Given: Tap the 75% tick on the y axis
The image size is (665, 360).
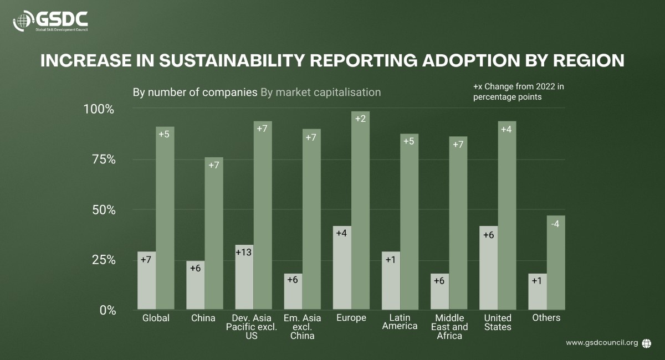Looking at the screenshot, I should click(104, 160).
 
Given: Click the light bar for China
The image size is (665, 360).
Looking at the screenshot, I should click(195, 285).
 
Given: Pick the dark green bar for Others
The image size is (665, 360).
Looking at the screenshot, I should click(556, 263).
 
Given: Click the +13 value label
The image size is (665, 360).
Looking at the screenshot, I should click(244, 253).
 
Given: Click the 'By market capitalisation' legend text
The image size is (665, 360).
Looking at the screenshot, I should click(320, 92).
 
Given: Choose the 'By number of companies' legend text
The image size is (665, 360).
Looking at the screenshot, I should click(195, 92).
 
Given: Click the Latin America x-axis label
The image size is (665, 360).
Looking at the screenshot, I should click(400, 322).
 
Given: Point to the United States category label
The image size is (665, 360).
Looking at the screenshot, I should click(498, 322).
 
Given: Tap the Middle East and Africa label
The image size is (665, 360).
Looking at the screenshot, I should click(449, 327).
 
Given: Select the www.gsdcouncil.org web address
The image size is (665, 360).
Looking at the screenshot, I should click(602, 343).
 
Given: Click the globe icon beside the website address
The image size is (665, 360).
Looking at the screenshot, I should click(646, 343).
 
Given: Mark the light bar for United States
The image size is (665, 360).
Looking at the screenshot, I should click(488, 268).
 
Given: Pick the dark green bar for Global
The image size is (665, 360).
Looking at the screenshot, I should click(165, 218).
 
